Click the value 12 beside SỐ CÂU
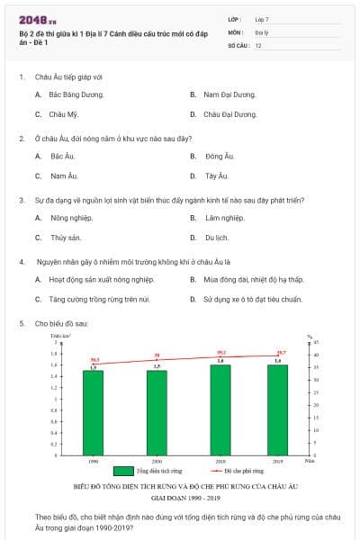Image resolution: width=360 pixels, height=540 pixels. (258, 44)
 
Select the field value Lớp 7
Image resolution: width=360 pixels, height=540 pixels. (262, 19)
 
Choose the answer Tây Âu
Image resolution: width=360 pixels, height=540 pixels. (217, 175)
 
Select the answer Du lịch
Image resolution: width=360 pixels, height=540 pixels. (216, 238)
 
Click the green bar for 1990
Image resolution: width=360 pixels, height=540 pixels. (94, 413)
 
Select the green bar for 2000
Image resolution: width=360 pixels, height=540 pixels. (157, 413)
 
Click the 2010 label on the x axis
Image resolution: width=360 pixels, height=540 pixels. (220, 461)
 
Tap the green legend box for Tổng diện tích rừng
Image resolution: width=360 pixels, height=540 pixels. (123, 471)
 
